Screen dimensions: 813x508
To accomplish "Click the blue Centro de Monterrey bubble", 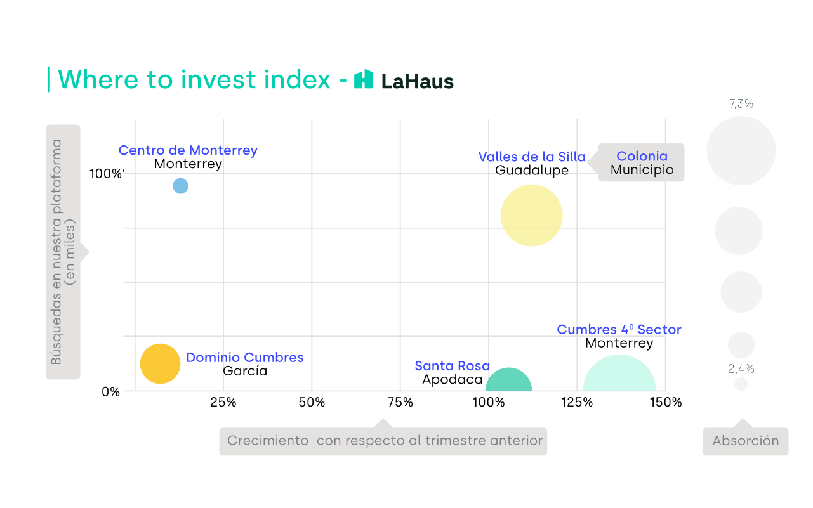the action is point(180,186).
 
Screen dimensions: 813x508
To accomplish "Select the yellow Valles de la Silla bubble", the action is point(531,215).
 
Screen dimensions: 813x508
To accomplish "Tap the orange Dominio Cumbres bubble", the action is point(160,363).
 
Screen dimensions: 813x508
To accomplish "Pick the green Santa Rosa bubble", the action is point(508,381).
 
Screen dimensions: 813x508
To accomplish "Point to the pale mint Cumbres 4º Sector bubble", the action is point(619,375).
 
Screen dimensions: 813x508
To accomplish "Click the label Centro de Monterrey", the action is point(188,150).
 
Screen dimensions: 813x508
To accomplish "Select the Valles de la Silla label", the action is point(531,157).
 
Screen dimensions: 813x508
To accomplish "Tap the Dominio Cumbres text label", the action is point(245,358).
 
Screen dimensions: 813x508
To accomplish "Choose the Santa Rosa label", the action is point(452,366).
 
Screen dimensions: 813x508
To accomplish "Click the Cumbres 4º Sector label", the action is point(619,330).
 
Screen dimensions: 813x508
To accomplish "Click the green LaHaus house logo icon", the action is point(364,79).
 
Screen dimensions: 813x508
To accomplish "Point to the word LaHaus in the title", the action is point(417,82).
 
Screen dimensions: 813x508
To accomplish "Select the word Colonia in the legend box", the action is point(642,156).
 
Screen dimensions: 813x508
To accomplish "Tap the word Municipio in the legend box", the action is point(642,170).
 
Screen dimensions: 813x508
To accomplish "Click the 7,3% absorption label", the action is point(741,103).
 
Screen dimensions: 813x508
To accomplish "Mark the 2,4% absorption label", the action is point(741,368).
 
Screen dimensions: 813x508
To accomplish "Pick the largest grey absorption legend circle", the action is point(741,151).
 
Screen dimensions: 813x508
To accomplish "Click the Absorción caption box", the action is point(745,441).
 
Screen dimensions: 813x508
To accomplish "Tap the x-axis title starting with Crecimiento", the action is point(383,441).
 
